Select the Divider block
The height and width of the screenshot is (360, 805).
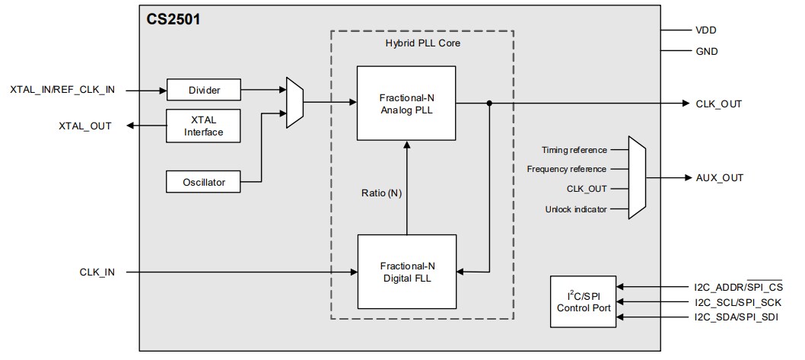pyautogui.click(x=203, y=90)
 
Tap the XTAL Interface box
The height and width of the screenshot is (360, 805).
pyautogui.click(x=203, y=126)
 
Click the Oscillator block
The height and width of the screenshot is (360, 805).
pyautogui.click(x=203, y=182)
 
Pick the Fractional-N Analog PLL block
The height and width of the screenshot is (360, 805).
pyautogui.click(x=406, y=103)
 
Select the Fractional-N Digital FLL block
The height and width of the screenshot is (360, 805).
pyautogui.click(x=406, y=271)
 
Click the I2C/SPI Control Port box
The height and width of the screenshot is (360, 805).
pyautogui.click(x=583, y=301)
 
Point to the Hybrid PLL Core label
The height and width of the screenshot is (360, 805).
pyautogui.click(x=423, y=43)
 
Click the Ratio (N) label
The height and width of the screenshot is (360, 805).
pyautogui.click(x=381, y=193)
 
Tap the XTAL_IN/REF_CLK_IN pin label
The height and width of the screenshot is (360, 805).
pyautogui.click(x=62, y=90)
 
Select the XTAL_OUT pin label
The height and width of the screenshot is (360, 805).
pyautogui.click(x=85, y=126)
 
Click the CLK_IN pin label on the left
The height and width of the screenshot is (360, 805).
pyautogui.click(x=97, y=271)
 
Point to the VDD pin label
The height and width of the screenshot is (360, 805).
pyautogui.click(x=706, y=30)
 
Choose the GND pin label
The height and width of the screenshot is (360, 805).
pyautogui.click(x=707, y=52)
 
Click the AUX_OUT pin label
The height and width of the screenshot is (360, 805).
pyautogui.click(x=719, y=178)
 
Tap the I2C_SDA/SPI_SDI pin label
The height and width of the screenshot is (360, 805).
pyautogui.click(x=736, y=316)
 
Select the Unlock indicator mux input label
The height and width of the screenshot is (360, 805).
pyautogui.click(x=576, y=209)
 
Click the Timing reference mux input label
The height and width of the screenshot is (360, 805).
pyautogui.click(x=574, y=150)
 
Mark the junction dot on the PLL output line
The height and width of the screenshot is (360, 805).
pyautogui.click(x=488, y=104)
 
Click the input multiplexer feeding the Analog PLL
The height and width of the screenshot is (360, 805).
pyautogui.click(x=294, y=102)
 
